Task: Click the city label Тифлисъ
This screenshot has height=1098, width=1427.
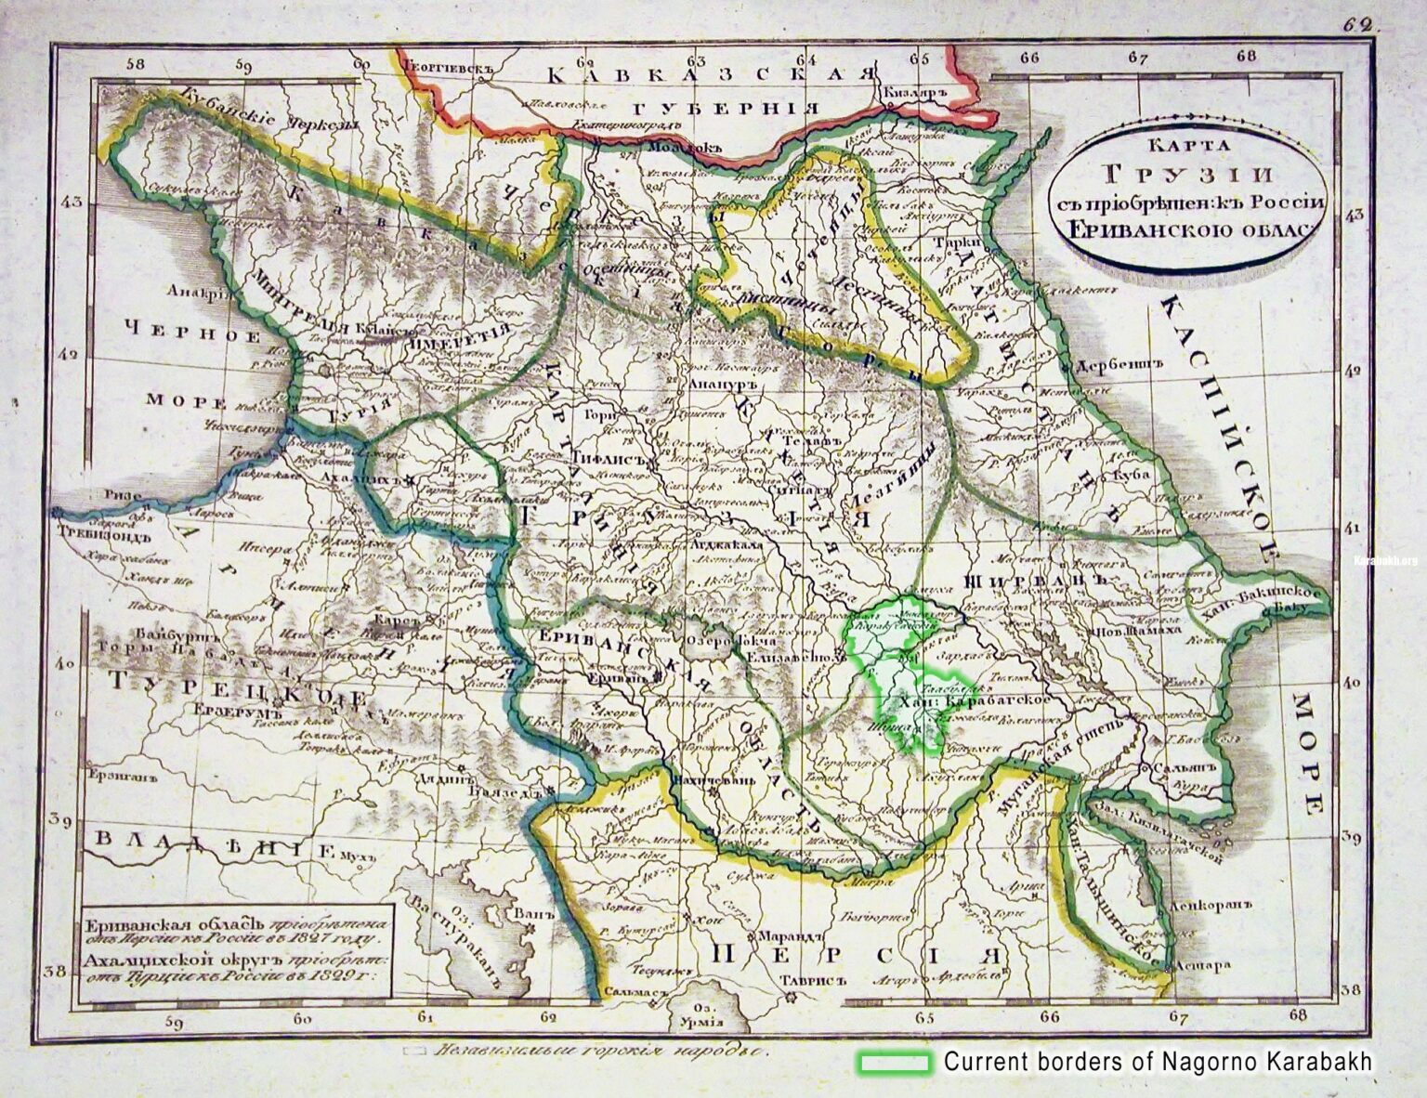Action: coord(609,459)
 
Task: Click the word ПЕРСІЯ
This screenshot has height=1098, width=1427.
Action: coord(859,953)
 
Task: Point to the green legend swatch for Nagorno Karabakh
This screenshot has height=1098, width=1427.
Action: coord(894,1062)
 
